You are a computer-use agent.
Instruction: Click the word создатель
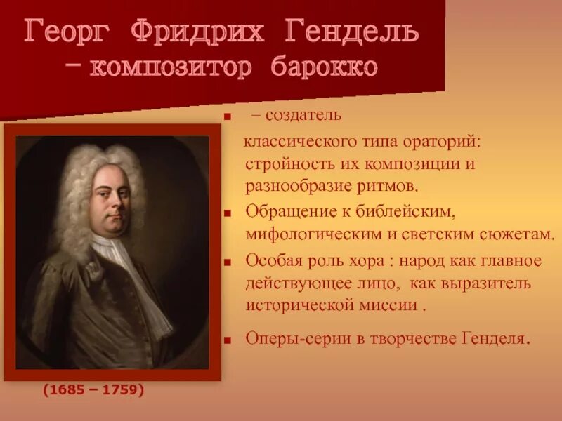click(x=306, y=114)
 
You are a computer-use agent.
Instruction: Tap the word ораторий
click(x=443, y=142)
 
